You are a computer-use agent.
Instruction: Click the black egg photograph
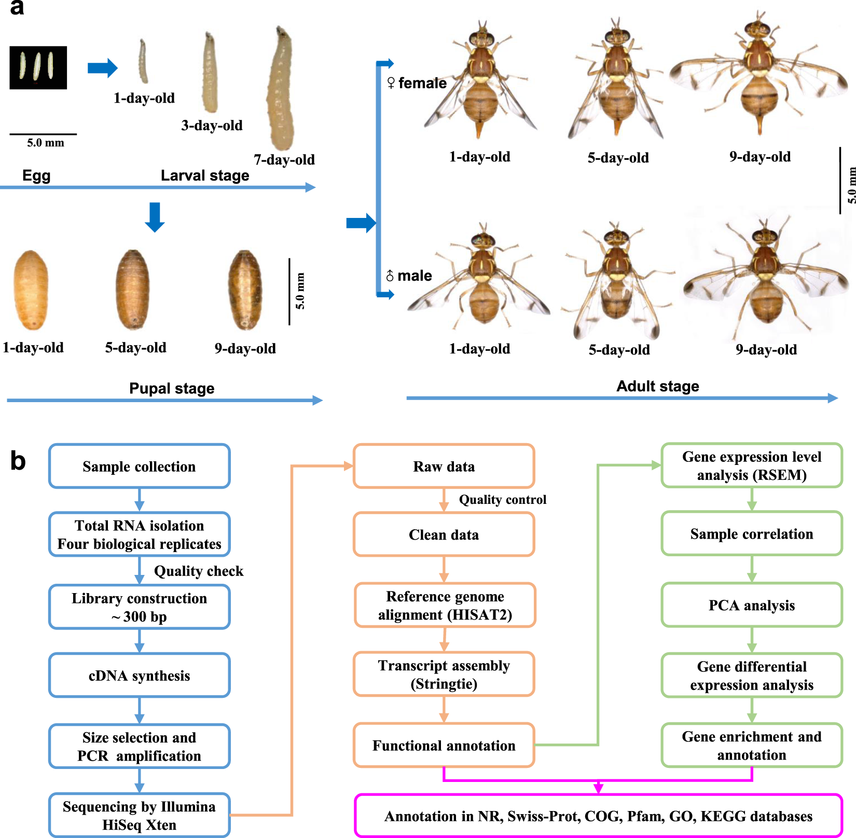click(38, 67)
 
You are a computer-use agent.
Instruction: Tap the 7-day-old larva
click(282, 88)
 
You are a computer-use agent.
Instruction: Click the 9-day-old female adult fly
click(758, 78)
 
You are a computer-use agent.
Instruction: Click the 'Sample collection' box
click(139, 466)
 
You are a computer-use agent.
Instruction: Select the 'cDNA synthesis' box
click(139, 675)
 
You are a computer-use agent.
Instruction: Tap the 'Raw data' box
click(444, 466)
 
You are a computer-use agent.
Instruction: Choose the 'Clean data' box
click(444, 534)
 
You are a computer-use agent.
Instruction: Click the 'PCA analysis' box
click(751, 605)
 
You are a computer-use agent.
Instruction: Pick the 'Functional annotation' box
click(444, 745)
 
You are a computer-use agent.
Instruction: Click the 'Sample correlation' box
click(751, 533)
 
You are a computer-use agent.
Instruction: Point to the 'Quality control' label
click(502, 499)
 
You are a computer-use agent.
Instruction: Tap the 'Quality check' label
click(198, 571)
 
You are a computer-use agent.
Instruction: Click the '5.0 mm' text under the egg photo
click(46, 143)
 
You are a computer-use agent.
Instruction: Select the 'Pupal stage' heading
click(172, 388)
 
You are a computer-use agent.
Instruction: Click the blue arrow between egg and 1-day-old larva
click(102, 67)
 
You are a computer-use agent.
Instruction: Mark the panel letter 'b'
click(18, 461)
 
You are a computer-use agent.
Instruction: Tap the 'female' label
click(422, 83)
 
